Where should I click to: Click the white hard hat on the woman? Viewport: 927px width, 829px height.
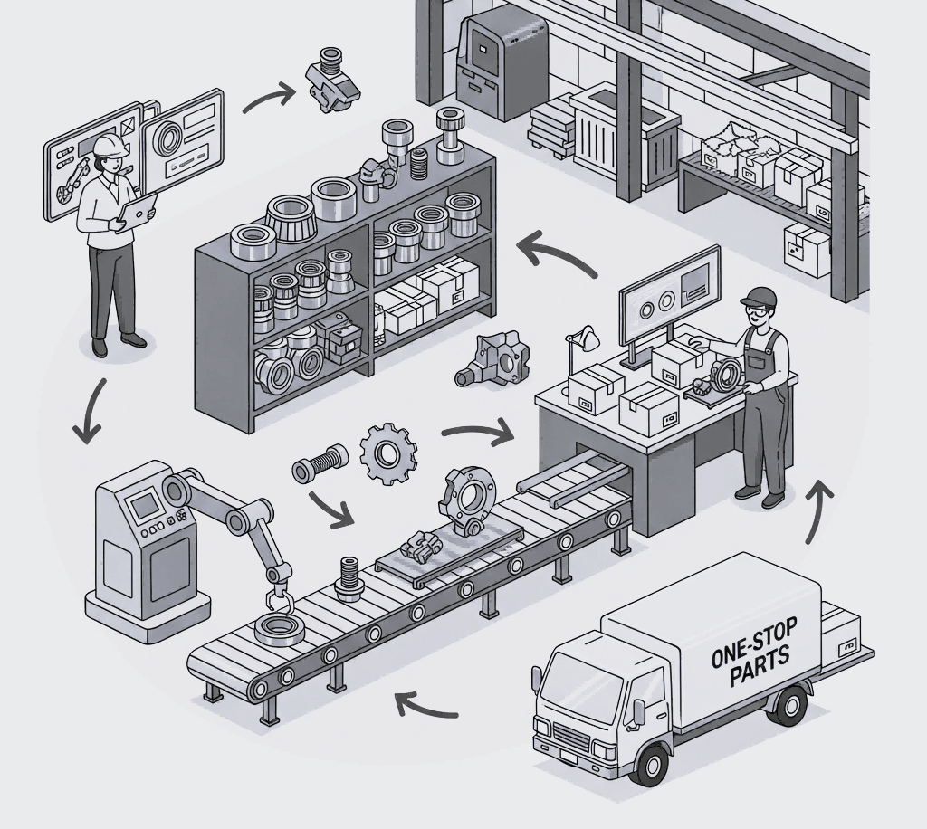[x=108, y=144]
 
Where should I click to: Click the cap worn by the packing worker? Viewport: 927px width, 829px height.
[x=757, y=297]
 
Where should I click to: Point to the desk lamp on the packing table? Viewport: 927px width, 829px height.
[x=582, y=338]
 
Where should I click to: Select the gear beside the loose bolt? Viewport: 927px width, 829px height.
[x=389, y=453]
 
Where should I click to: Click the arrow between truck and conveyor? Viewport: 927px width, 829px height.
[x=426, y=703]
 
